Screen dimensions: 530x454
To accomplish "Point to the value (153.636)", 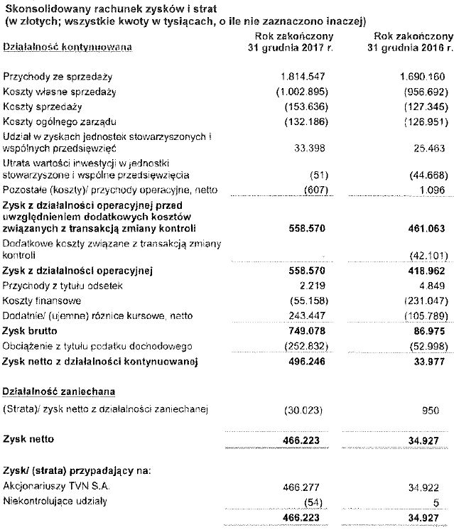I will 301,107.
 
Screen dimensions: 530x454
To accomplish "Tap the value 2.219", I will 312,286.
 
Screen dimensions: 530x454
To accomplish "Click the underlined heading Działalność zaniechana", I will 59,391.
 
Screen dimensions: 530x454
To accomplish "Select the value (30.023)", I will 303,411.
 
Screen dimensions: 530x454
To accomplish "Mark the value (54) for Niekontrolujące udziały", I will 313,502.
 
